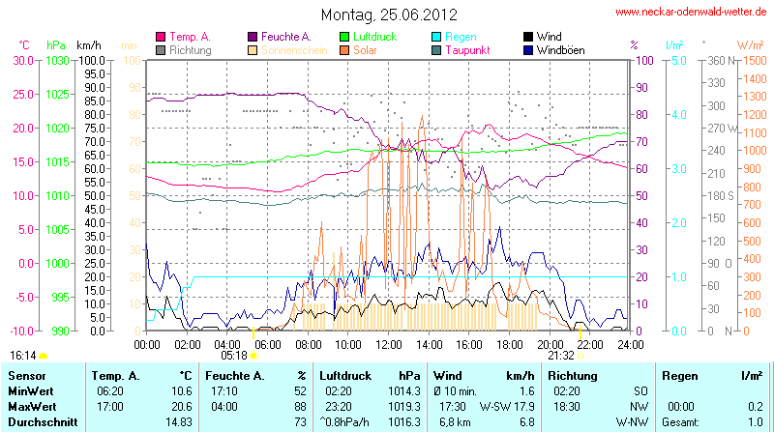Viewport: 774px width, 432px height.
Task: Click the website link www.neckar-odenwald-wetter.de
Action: [x=691, y=13]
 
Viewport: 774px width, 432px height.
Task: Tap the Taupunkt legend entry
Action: [x=469, y=50]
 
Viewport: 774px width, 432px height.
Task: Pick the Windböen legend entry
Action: [x=561, y=50]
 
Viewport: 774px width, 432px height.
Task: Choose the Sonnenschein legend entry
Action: [x=294, y=50]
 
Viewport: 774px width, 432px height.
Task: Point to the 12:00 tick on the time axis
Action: [x=388, y=343]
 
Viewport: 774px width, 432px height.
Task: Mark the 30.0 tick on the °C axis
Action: [x=20, y=60]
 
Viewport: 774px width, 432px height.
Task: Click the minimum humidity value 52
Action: [x=299, y=391]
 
